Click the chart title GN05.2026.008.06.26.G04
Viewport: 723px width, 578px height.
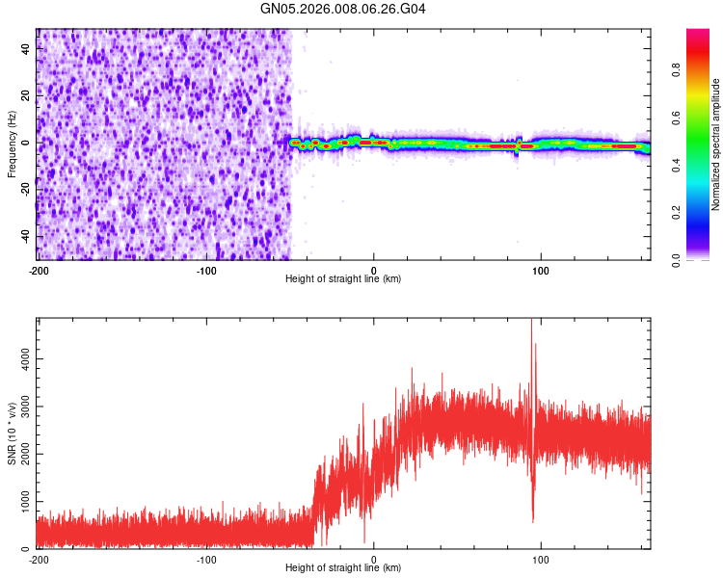tap(343, 9)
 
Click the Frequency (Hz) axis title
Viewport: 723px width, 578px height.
tap(12, 144)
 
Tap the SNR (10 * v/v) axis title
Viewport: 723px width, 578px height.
tap(12, 433)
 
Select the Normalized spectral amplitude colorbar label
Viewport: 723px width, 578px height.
tap(716, 144)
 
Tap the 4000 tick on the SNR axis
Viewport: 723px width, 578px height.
tap(20, 358)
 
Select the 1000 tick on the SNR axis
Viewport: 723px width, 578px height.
tap(20, 502)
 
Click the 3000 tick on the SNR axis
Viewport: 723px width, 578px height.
tap(20, 407)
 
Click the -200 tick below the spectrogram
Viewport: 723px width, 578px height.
tap(39, 270)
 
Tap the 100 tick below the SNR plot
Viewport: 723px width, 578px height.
tap(541, 559)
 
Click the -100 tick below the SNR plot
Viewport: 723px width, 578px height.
tap(205, 559)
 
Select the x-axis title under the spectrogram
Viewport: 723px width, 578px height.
tap(343, 279)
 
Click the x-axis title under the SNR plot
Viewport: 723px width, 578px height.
tap(343, 568)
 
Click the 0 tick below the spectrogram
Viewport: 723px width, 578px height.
tap(374, 270)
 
